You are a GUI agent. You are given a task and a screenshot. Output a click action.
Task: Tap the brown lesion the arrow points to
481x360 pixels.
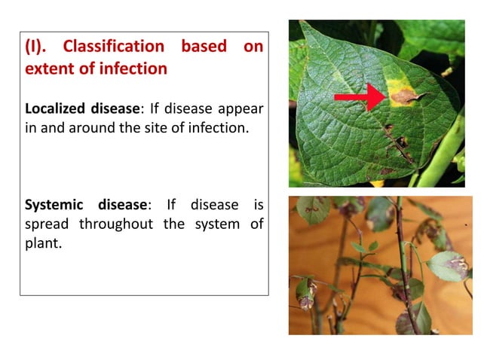403,96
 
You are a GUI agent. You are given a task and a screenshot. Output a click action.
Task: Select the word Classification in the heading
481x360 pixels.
113,47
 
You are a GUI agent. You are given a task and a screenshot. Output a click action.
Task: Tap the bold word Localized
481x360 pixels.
57,108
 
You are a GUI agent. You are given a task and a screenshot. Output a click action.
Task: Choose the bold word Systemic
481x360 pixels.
54,205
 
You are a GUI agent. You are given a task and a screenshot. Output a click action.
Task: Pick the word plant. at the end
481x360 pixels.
43,244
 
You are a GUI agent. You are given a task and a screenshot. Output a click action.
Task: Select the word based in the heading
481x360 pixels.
203,47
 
